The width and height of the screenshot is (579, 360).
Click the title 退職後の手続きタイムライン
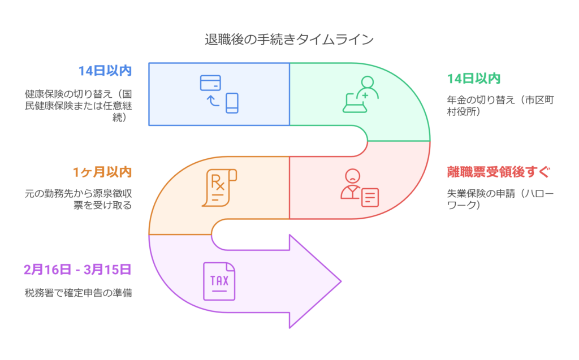click(x=289, y=40)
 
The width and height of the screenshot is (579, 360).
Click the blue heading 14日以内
click(x=105, y=71)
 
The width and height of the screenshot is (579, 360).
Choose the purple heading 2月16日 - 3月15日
click(x=77, y=270)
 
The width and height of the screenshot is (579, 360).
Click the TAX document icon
click(x=219, y=281)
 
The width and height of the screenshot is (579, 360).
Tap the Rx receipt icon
click(x=219, y=186)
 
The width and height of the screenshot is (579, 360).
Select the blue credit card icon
click(x=210, y=83)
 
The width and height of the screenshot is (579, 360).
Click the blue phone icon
click(x=232, y=103)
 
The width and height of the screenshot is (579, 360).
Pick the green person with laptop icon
click(x=361, y=94)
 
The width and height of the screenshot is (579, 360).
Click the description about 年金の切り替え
click(x=500, y=105)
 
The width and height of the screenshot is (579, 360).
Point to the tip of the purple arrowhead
click(x=341, y=281)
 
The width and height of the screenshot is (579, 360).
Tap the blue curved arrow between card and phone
click(x=213, y=101)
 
